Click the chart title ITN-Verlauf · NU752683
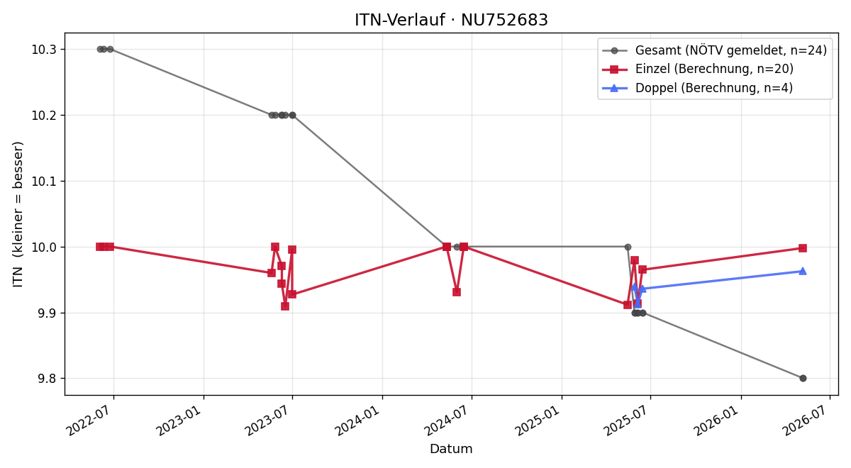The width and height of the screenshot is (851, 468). point(451,20)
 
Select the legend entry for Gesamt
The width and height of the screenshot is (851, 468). point(715,50)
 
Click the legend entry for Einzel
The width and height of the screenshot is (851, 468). point(698,69)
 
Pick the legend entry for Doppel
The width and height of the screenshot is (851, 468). point(698,88)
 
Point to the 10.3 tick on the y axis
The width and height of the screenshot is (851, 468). point(43,50)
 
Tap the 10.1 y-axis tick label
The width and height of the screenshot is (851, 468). point(43,182)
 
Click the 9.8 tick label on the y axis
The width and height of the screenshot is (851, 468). point(47,379)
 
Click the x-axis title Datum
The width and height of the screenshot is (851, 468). point(451,449)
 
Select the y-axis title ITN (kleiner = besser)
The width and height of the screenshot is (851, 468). point(18,214)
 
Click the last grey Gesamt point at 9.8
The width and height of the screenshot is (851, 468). point(803,379)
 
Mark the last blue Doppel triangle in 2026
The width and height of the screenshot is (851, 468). point(803,271)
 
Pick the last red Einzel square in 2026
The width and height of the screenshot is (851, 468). point(803,248)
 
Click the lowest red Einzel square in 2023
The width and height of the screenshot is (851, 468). point(285,306)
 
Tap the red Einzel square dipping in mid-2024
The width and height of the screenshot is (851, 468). point(457,292)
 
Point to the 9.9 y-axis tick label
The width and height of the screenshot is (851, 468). point(47,313)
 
